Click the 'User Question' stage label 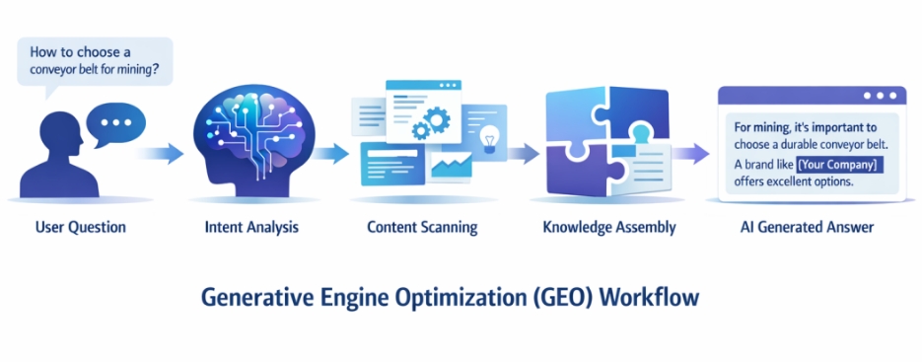pyautogui.click(x=81, y=227)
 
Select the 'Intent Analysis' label pyautogui.click(x=251, y=227)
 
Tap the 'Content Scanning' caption pyautogui.click(x=422, y=227)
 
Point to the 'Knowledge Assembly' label pyautogui.click(x=609, y=227)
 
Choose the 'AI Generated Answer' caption pyautogui.click(x=808, y=227)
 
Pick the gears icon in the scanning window pyautogui.click(x=431, y=121)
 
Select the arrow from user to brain pyautogui.click(x=160, y=154)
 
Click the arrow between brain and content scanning pyautogui.click(x=329, y=154)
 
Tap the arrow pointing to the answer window pyautogui.click(x=691, y=154)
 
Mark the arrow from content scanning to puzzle pyautogui.click(x=523, y=154)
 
